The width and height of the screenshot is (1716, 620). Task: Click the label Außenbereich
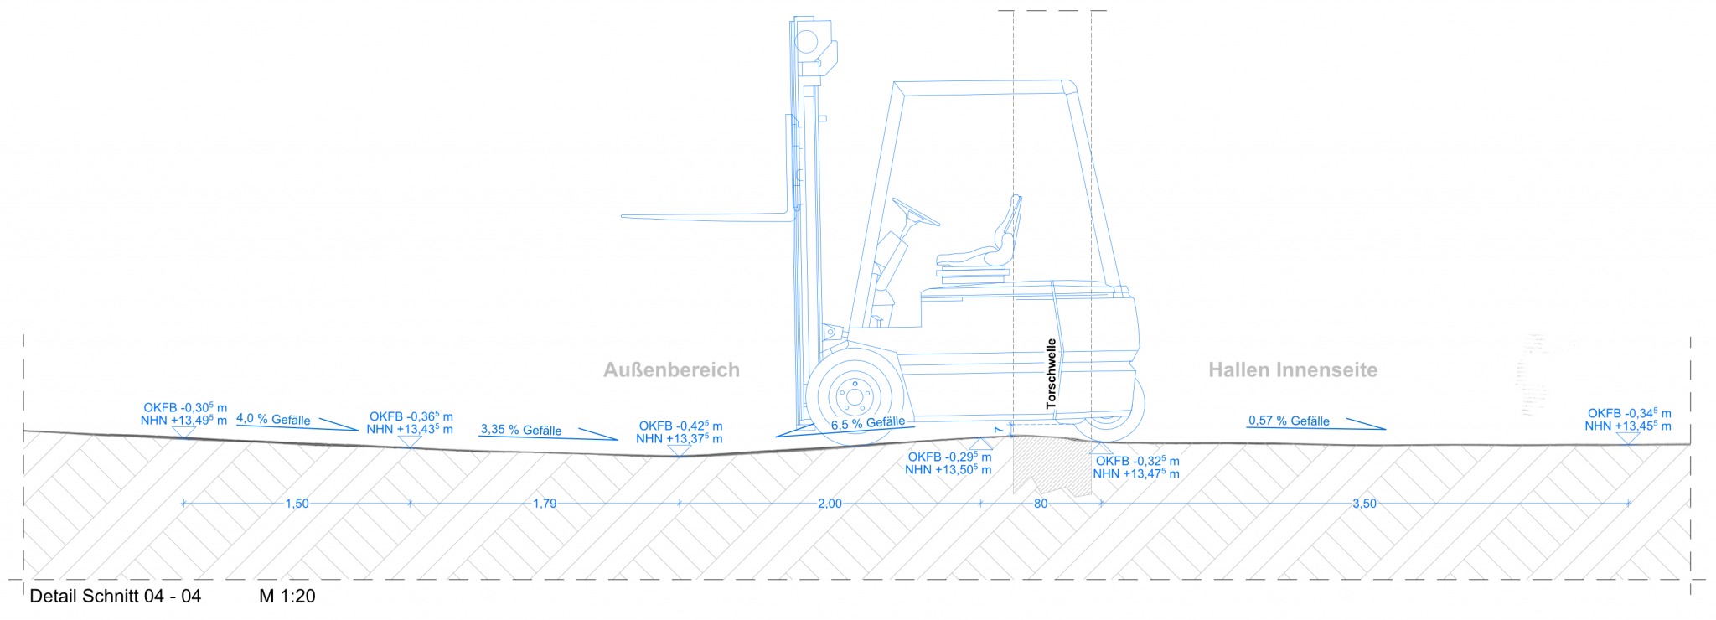click(x=671, y=369)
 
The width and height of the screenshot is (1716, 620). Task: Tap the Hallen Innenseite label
click(x=1292, y=369)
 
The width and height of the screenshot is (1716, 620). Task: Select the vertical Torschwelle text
click(x=1052, y=374)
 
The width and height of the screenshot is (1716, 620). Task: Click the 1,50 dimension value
click(x=297, y=504)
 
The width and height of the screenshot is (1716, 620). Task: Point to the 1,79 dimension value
click(x=545, y=504)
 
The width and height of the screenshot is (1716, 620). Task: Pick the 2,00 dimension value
click(x=830, y=504)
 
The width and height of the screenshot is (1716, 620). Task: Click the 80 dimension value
click(x=1041, y=504)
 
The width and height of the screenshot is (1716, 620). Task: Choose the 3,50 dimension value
click(x=1364, y=504)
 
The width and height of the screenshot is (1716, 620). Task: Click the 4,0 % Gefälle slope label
click(x=273, y=419)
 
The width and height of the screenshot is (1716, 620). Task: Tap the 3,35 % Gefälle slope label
click(x=521, y=430)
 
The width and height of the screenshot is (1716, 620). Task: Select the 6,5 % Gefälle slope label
click(x=867, y=423)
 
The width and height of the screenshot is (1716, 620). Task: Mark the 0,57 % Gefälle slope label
click(x=1289, y=421)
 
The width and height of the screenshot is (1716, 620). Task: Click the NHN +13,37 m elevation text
click(x=679, y=438)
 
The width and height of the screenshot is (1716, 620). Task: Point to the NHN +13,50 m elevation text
click(x=948, y=470)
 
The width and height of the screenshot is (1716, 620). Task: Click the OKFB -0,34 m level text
click(x=1629, y=413)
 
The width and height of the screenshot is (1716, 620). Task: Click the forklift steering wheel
click(x=915, y=212)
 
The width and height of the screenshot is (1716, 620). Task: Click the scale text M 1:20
click(x=287, y=597)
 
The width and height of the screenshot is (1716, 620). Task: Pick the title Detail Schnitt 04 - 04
click(x=116, y=597)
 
